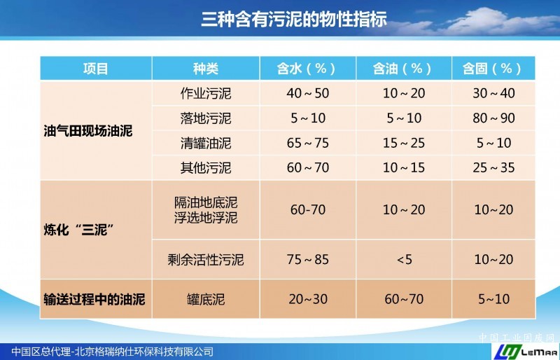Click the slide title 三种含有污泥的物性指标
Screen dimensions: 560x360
coord(294,19)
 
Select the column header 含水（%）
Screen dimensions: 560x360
coord(307,68)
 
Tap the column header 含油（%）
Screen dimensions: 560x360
coord(404,68)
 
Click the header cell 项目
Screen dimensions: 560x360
coord(96,68)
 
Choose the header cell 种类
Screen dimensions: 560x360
coord(206,68)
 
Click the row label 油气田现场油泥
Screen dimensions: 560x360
coord(88,131)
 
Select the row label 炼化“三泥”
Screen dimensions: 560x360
coord(79,230)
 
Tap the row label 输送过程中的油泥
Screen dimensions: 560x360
coord(94,299)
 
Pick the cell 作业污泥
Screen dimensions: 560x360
coord(206,93)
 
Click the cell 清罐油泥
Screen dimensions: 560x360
coord(206,143)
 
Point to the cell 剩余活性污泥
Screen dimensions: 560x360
coord(206,260)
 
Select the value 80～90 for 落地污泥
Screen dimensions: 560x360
coord(493,118)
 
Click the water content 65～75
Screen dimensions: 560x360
coord(307,143)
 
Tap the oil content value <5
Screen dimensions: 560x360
coord(405,260)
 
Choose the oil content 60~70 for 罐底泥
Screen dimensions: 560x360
coord(404,299)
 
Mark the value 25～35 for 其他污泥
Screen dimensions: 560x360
coord(493,167)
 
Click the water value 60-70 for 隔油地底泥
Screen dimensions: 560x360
coord(308,210)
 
